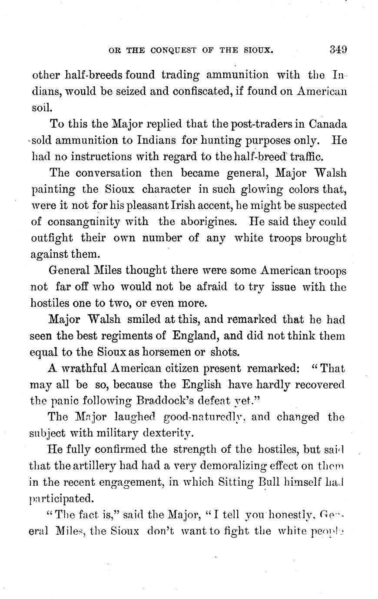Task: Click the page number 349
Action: (338, 49)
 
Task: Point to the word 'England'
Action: (199, 336)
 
